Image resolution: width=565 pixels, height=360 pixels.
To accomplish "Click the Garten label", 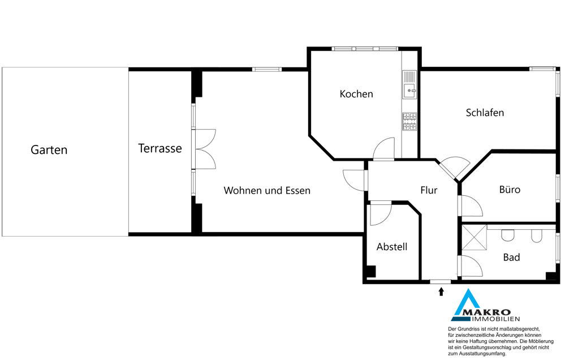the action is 49,149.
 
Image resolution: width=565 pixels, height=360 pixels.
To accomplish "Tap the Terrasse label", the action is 160,148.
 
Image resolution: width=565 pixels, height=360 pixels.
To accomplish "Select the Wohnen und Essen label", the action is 267,190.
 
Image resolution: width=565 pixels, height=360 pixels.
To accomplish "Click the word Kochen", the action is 356,94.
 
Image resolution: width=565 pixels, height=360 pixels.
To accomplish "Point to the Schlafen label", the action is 485,113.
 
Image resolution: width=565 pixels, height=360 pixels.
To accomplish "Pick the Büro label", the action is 510,190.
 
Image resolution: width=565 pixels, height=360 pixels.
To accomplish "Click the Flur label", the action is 429,190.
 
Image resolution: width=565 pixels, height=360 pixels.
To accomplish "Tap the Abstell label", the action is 392,247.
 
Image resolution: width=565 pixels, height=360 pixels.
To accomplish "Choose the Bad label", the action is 512,257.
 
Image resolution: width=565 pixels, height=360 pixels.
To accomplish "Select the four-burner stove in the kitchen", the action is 409,122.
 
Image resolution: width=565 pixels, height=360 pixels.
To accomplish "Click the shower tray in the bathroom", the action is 474,237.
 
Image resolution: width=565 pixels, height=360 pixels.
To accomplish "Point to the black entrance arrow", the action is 441,291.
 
